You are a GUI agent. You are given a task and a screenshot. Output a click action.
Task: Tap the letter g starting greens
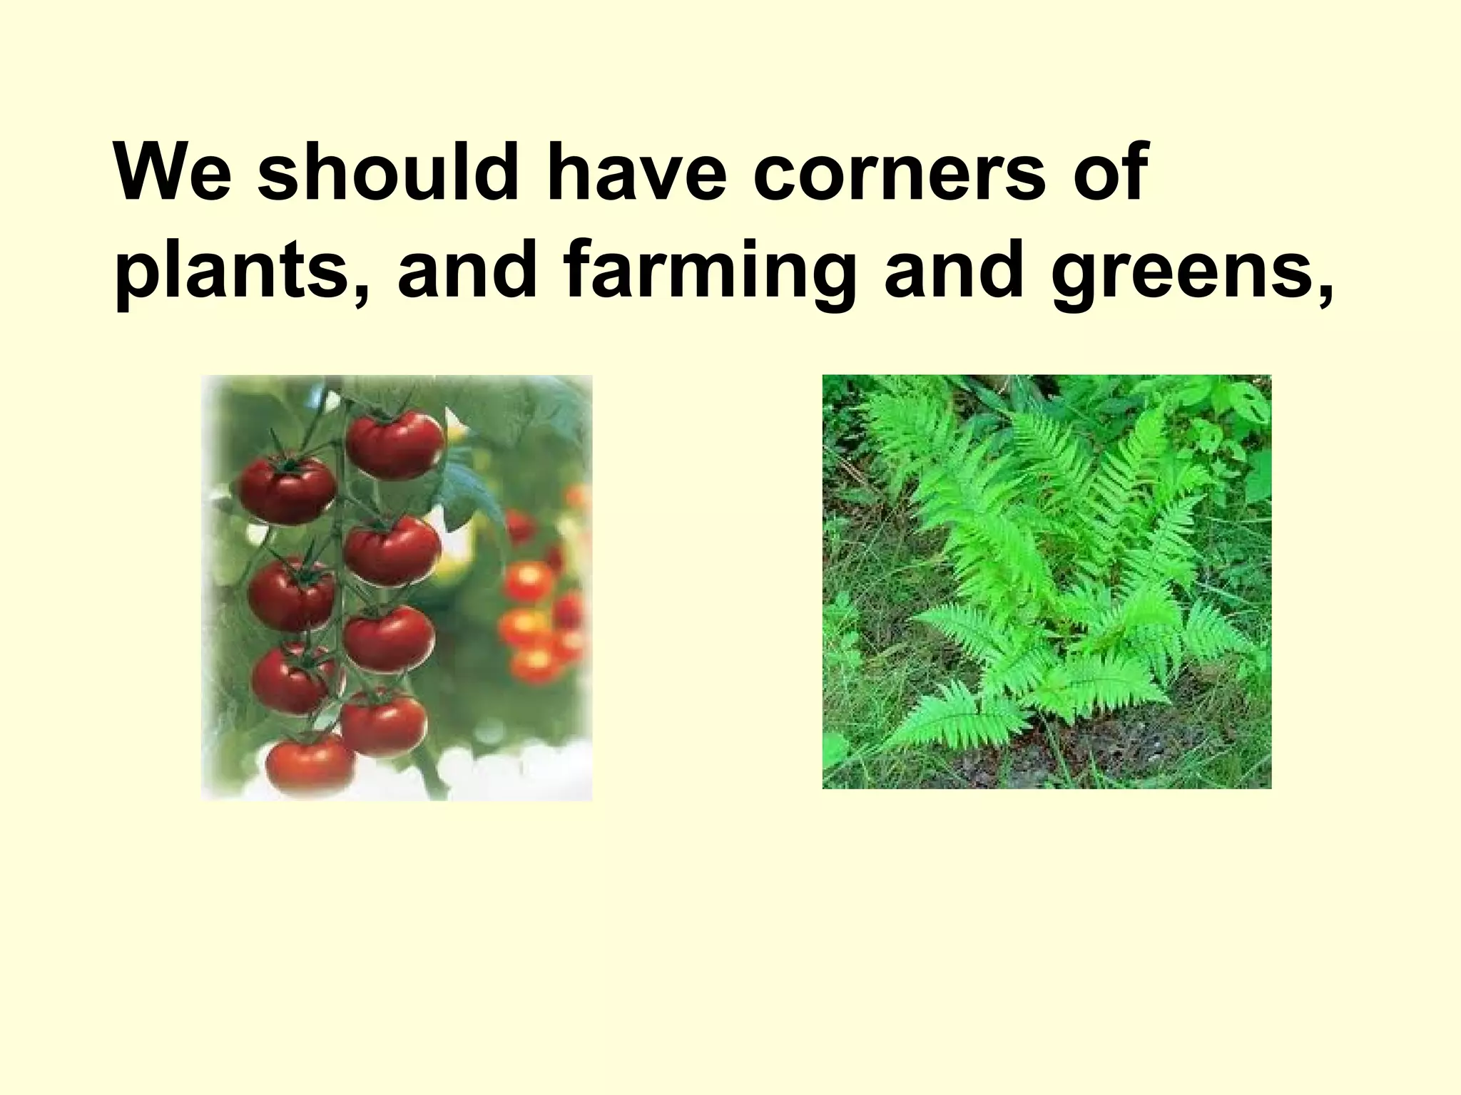click(1076, 278)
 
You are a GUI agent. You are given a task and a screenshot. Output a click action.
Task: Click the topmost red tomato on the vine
click(395, 443)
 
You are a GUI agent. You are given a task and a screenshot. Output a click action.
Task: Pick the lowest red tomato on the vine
click(310, 764)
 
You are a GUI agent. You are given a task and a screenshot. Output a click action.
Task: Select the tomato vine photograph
click(397, 587)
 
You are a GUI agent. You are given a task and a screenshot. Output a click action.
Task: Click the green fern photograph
click(1047, 581)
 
